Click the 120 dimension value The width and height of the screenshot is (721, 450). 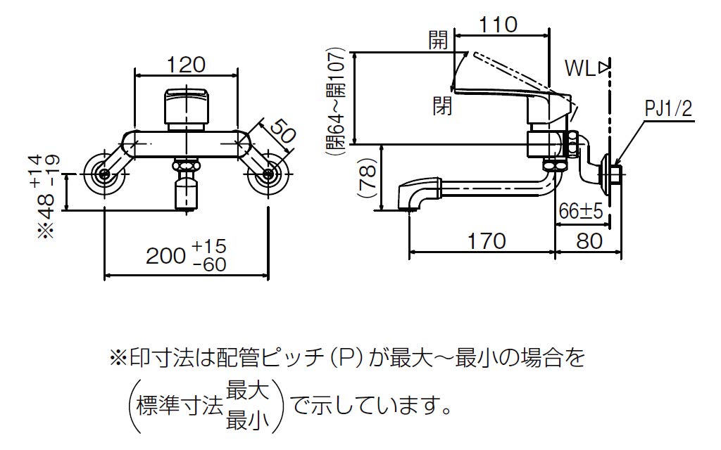(187, 64)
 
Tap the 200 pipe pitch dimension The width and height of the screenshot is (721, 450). (167, 256)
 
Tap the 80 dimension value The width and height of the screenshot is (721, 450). (588, 241)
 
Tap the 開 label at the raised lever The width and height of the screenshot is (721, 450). (439, 41)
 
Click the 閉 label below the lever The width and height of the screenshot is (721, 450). (443, 106)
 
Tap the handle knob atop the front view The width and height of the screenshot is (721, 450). (187, 105)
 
